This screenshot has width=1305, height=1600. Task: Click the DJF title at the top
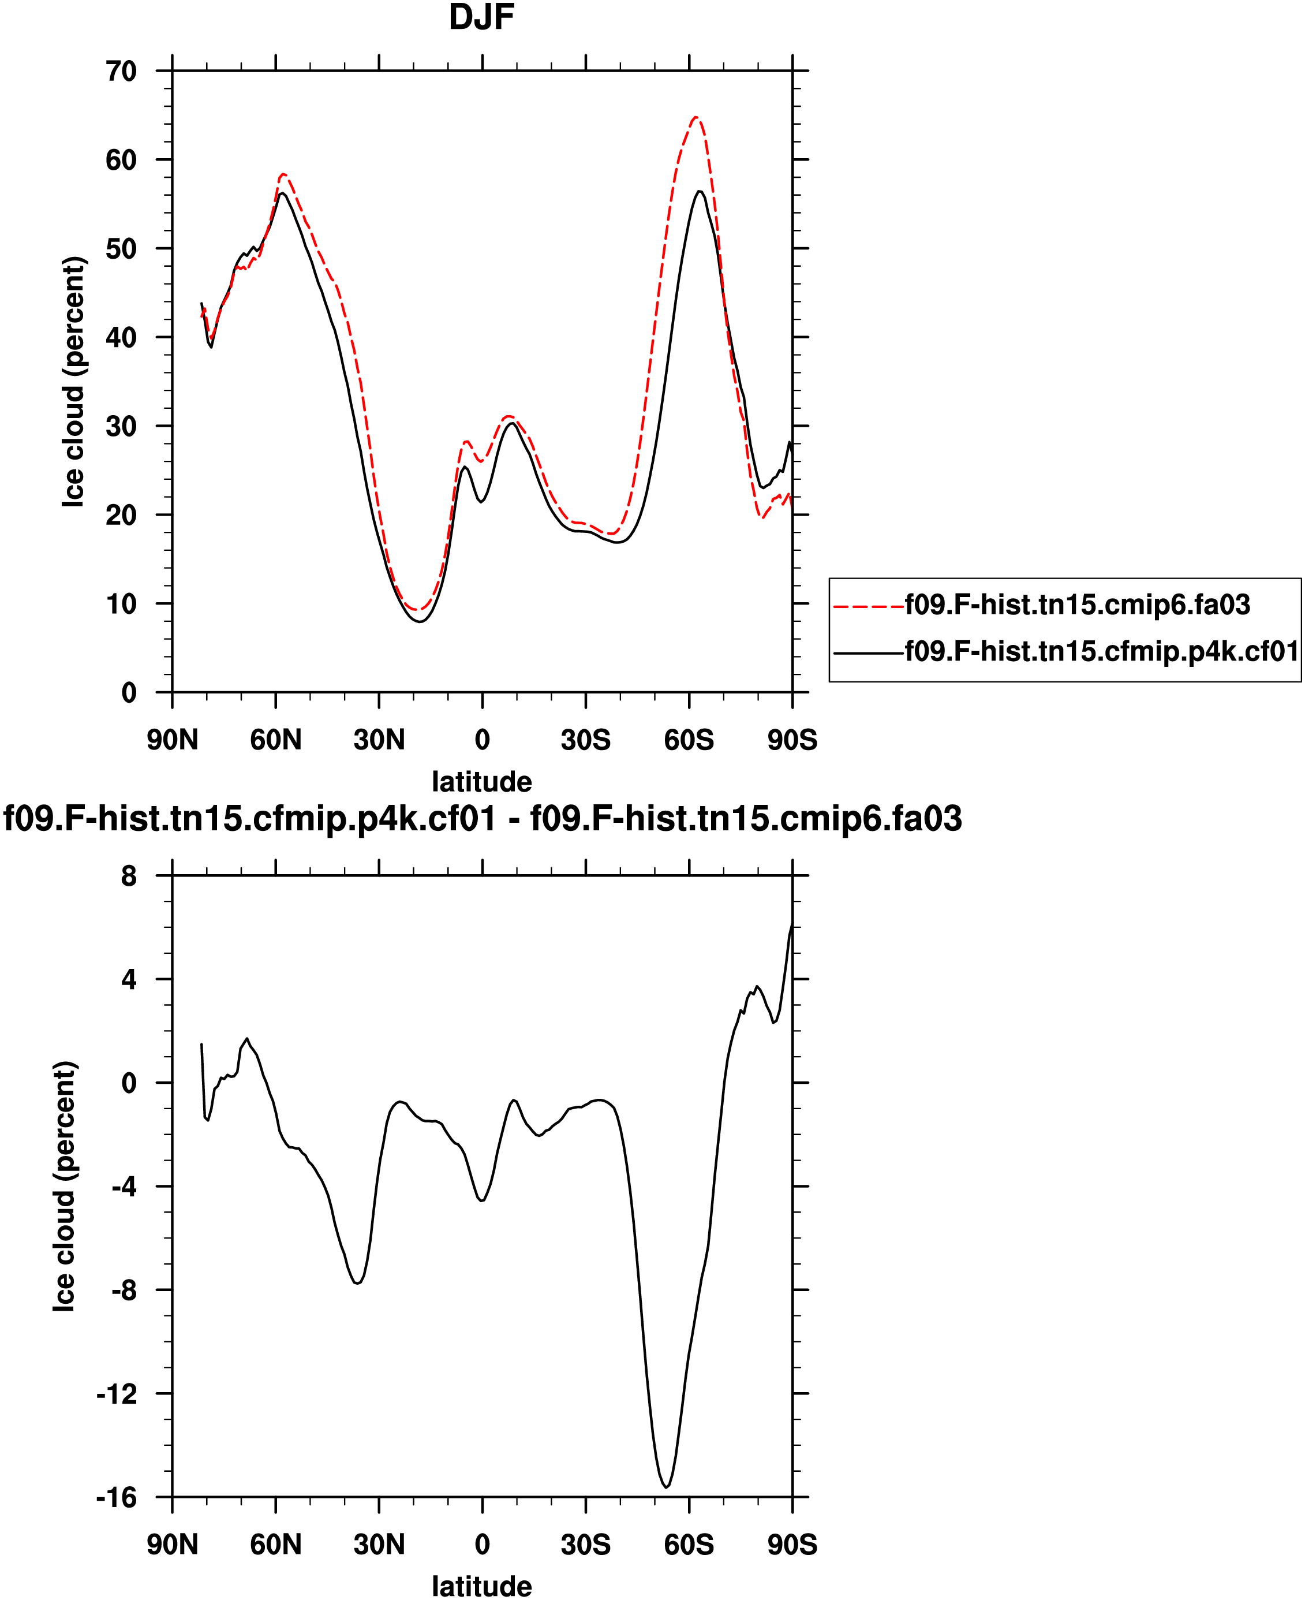pyautogui.click(x=481, y=18)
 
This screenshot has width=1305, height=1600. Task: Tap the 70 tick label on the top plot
pyautogui.click(x=121, y=72)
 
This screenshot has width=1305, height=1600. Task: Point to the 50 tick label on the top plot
pyautogui.click(x=121, y=249)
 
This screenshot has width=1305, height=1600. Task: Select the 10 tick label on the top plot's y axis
pyautogui.click(x=121, y=604)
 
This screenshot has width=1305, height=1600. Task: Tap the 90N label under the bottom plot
pyautogui.click(x=172, y=1545)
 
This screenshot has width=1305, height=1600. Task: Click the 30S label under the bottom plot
pyautogui.click(x=586, y=1545)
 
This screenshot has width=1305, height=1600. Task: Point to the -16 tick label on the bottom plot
pyautogui.click(x=117, y=1498)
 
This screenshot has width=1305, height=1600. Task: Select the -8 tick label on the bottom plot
pyautogui.click(x=124, y=1291)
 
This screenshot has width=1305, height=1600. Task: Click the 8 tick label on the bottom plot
pyautogui.click(x=129, y=876)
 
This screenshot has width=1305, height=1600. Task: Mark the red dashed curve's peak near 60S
pyautogui.click(x=695, y=117)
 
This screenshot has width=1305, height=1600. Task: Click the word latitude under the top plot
pyautogui.click(x=482, y=782)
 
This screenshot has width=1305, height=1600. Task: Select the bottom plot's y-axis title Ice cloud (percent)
pyautogui.click(x=65, y=1187)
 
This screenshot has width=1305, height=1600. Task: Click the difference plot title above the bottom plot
pyautogui.click(x=483, y=819)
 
